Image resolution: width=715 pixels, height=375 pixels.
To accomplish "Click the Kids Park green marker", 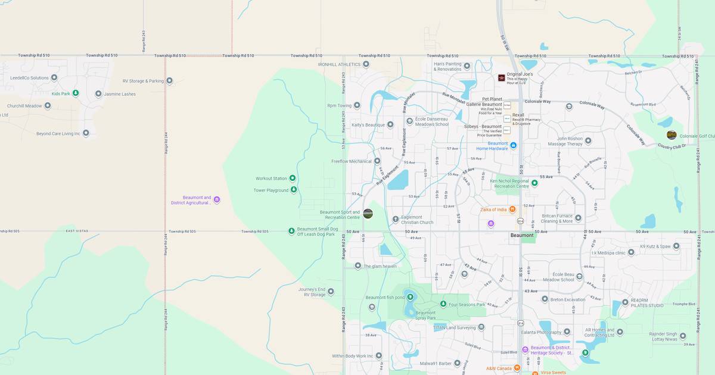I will coord(76,93).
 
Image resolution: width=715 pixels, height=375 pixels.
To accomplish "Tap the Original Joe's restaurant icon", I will coord(502,77).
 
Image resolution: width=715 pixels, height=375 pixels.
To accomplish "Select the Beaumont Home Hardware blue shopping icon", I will coord(513,145).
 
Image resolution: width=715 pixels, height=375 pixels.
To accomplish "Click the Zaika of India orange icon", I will coord(512,210).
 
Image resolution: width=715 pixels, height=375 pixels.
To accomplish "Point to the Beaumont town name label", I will coord(522,235).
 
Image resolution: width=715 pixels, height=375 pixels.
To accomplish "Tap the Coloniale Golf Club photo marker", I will coord(672,135).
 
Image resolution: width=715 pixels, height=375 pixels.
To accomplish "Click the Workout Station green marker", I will coord(293,178).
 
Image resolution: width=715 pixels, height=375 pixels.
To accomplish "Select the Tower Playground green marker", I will coord(293,190).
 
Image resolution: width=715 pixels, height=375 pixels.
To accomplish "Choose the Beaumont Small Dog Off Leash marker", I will coord(291,231).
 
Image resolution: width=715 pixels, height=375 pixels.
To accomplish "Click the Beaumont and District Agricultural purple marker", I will coord(217,200).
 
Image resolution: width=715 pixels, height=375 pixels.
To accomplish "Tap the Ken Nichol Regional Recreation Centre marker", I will coord(534,183).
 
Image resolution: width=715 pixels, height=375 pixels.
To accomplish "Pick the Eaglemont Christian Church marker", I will coord(396,219).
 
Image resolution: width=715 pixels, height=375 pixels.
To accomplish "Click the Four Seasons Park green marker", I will coord(443,304).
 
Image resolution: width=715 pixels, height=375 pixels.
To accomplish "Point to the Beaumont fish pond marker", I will coord(410,297).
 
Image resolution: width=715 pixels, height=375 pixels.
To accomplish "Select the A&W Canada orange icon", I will coord(517,368).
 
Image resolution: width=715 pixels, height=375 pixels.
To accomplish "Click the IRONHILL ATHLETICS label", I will coord(340,64).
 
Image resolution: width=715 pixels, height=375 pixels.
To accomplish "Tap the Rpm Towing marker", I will coord(357,105).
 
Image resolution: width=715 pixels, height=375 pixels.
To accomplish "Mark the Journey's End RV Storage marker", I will coord(331,292).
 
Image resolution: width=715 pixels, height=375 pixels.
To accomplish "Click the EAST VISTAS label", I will coord(77,231).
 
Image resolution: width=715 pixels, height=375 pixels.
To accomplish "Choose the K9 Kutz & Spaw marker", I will coord(676,246).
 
